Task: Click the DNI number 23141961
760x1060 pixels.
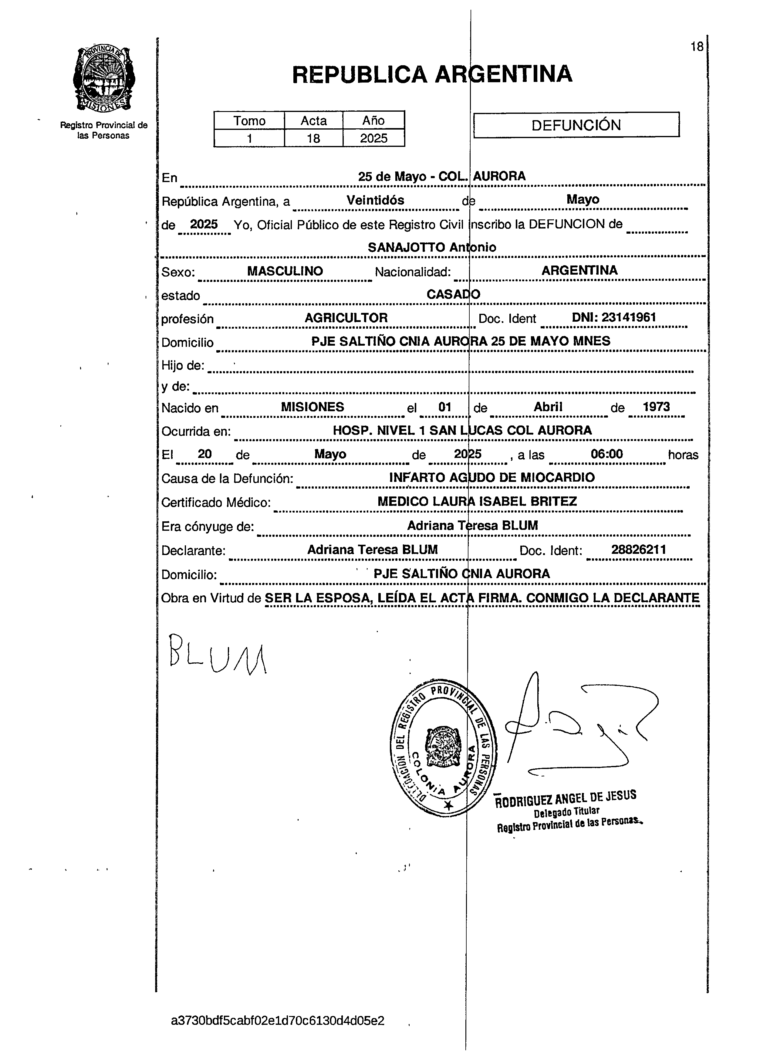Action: [614, 317]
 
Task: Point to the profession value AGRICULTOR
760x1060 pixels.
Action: [346, 318]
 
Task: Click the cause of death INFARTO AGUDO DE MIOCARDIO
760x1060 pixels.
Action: [492, 477]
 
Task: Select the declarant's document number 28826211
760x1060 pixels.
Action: [638, 550]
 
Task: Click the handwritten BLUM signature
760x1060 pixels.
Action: [217, 654]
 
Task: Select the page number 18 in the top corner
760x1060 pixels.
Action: [696, 47]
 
